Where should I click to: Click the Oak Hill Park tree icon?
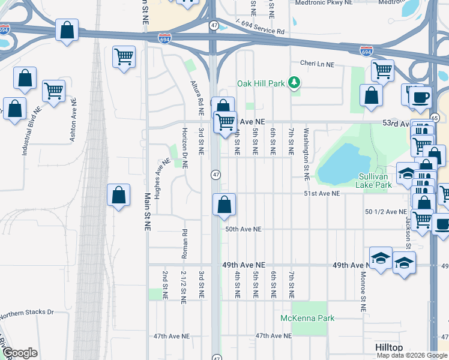point(294,83)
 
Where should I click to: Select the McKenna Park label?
point(307,318)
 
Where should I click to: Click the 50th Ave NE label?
point(244,229)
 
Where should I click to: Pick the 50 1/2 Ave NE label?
point(386,212)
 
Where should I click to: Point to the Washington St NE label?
point(306,154)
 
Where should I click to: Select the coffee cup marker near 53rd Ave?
point(420,97)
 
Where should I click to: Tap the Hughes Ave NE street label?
point(159,178)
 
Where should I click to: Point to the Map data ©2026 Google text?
point(412,355)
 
